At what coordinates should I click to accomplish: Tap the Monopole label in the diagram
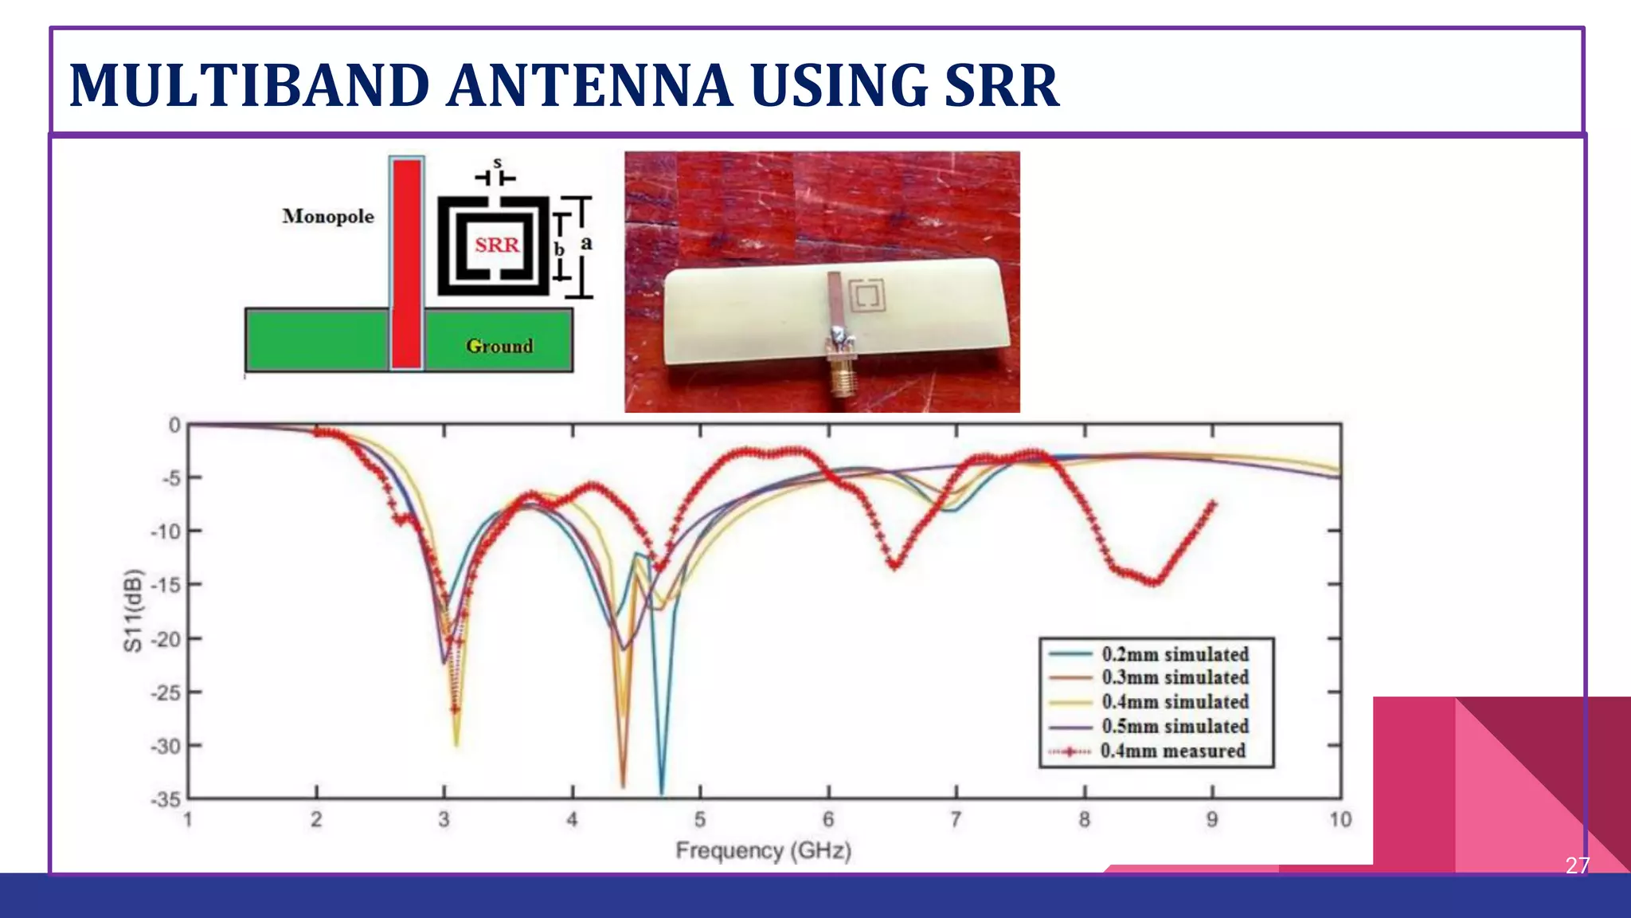(x=327, y=216)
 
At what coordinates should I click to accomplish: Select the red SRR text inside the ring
(x=497, y=245)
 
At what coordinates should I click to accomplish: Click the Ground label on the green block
(x=499, y=346)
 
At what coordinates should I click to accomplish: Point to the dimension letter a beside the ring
(x=587, y=242)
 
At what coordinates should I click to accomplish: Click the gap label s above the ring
(x=497, y=163)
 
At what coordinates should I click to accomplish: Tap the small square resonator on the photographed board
(x=867, y=296)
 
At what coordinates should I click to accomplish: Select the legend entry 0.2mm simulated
(x=1175, y=654)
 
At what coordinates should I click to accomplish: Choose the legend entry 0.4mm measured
(x=1172, y=751)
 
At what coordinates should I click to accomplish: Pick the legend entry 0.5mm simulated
(x=1175, y=727)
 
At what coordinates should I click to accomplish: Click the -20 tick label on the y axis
(x=165, y=639)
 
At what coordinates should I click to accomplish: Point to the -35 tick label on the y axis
(x=165, y=799)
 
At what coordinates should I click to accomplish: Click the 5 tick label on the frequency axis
(x=700, y=820)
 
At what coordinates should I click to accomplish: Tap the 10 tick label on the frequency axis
(x=1340, y=820)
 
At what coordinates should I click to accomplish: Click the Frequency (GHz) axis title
(x=763, y=851)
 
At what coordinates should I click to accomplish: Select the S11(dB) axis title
(x=133, y=610)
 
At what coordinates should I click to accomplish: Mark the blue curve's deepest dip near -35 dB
(x=662, y=791)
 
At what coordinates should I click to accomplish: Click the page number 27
(x=1577, y=865)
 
